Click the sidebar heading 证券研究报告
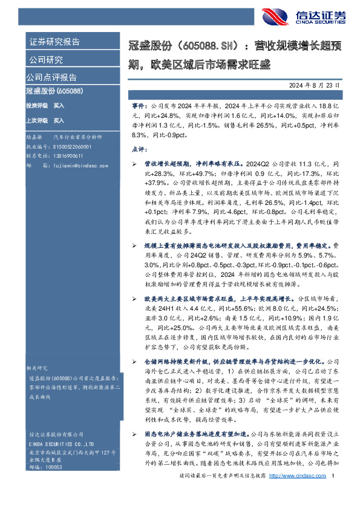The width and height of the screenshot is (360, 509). coord(54,42)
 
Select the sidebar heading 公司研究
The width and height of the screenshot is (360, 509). coord(46,60)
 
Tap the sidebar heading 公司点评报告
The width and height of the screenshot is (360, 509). coord(51,77)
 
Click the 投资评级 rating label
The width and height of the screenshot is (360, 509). coord(36,106)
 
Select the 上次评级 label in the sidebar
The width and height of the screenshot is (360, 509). coord(36,120)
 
